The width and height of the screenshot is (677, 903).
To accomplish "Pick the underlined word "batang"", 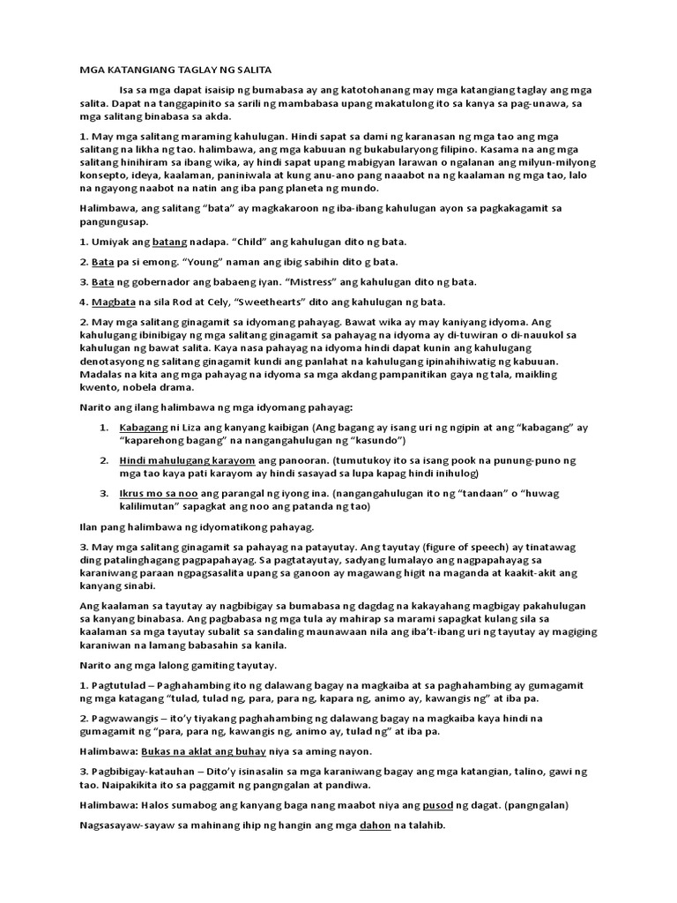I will (x=171, y=242).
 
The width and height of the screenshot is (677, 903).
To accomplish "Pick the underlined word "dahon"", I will (x=376, y=825).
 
